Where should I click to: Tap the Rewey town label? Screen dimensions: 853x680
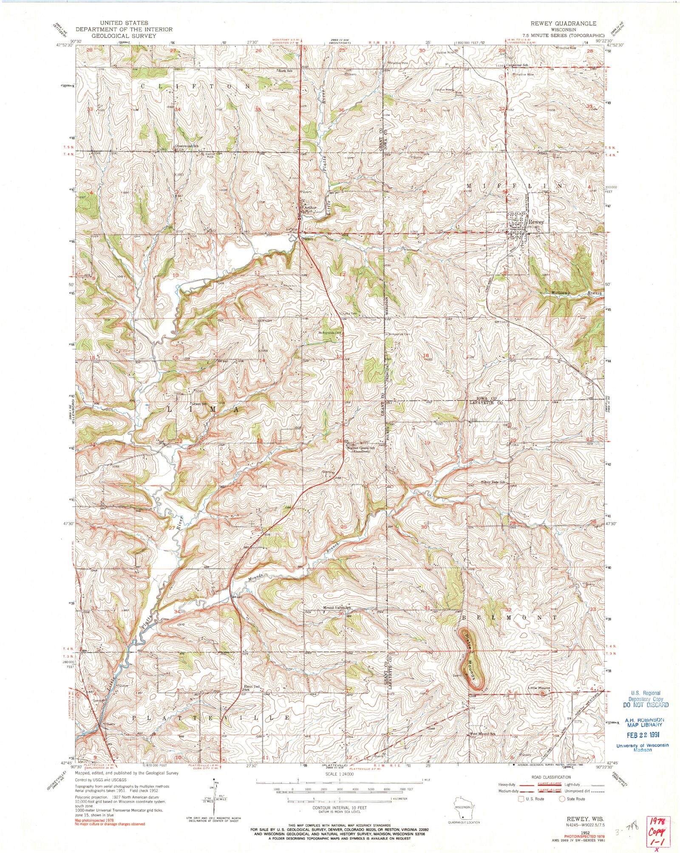click(x=536, y=222)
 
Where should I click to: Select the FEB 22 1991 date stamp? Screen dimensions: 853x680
click(x=641, y=736)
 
